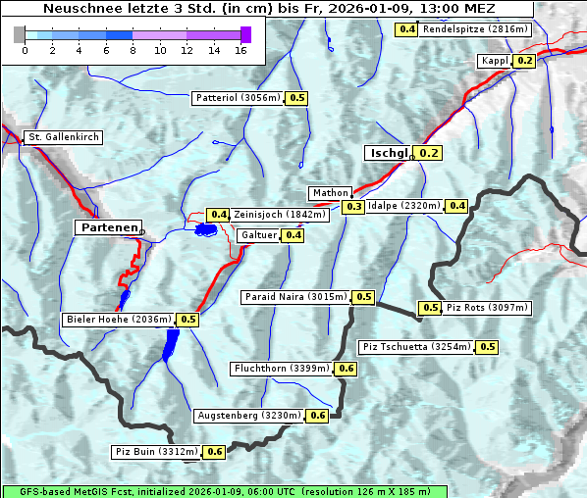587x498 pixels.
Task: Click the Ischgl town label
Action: point(389,153)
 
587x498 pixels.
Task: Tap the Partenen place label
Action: point(107,227)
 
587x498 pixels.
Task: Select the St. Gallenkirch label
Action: point(64,137)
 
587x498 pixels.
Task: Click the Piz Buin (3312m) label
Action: point(157,452)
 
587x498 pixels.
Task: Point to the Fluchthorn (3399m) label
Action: point(282,369)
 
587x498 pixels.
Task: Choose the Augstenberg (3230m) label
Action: point(248,416)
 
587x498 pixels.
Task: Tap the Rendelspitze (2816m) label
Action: point(476,29)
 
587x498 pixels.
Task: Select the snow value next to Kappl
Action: point(524,61)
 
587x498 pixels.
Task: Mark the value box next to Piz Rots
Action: point(430,308)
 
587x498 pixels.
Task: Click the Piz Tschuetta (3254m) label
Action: point(417,347)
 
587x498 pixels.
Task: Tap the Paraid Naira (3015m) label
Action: point(294,297)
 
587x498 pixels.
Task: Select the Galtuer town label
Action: point(258,235)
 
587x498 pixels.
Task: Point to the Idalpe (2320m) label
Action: point(404,206)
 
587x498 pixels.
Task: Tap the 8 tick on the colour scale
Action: point(133,49)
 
